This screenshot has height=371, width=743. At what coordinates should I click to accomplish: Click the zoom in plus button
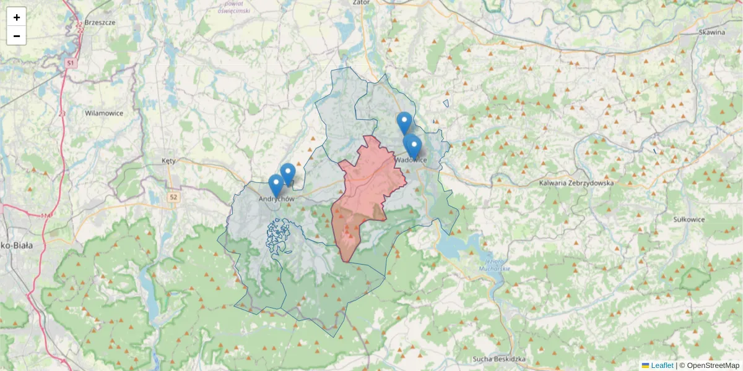pos(17,17)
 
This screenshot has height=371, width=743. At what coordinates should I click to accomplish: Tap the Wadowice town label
pos(410,160)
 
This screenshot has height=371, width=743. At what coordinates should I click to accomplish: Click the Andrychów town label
pos(276,199)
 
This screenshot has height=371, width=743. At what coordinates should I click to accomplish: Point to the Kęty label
pos(168,161)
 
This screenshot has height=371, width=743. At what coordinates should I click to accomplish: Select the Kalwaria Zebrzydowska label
pos(576,183)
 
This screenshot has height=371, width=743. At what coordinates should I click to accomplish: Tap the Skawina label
pos(711,32)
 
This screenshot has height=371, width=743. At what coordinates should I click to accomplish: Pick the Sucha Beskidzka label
pos(499,359)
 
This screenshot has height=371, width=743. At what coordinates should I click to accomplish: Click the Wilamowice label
pos(104,113)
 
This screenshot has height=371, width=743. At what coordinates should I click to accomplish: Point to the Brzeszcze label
pos(100,22)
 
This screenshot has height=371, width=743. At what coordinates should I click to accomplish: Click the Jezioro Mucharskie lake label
pos(494,264)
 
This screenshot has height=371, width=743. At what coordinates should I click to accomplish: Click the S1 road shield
pos(71,63)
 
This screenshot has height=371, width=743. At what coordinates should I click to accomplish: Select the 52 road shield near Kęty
pos(176,197)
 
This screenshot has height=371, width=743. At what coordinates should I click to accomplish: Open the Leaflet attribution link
pos(661,365)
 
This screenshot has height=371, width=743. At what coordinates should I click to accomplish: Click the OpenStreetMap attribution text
pos(713,365)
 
